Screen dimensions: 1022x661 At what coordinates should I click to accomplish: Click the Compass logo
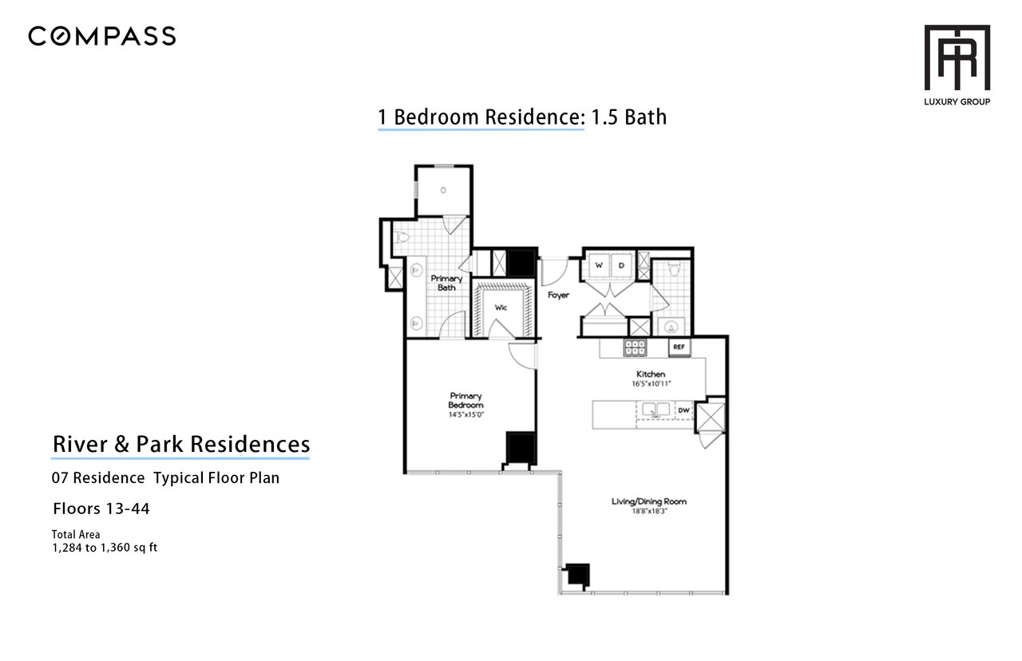[101, 37]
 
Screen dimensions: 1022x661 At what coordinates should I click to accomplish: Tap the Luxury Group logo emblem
[957, 57]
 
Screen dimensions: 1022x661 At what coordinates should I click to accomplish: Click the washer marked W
[599, 265]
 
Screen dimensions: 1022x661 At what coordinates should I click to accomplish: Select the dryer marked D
[621, 265]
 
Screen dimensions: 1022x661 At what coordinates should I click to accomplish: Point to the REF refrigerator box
[679, 347]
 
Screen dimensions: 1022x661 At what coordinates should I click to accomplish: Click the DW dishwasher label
[683, 410]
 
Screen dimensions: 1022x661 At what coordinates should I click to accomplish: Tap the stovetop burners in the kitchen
[635, 347]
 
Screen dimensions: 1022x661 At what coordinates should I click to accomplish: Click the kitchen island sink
[656, 410]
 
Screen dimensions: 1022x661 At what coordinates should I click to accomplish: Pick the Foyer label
[558, 295]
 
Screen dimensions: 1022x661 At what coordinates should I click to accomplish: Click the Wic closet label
[501, 307]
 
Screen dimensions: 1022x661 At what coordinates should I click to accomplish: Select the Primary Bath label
[446, 283]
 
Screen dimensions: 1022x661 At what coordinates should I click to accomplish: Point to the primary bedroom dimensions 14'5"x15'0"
[465, 414]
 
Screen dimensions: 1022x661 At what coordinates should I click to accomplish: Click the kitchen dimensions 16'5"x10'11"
[651, 384]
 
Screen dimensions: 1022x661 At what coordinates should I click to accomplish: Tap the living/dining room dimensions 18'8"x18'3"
[649, 512]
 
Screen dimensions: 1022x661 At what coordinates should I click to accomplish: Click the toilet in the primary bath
[401, 237]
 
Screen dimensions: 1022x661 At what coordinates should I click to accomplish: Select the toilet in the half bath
[674, 269]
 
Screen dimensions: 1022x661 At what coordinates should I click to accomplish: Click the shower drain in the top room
[443, 190]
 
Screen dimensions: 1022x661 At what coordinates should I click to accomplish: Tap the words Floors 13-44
[101, 509]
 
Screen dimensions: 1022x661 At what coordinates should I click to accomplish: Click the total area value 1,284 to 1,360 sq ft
[105, 548]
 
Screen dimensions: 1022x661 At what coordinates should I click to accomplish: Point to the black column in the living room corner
[578, 575]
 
